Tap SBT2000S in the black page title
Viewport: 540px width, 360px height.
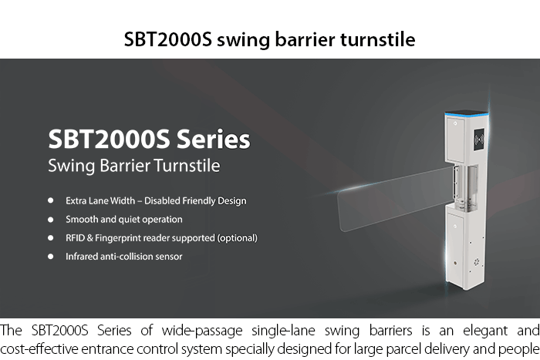[167, 39]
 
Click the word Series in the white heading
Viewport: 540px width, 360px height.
[213, 139]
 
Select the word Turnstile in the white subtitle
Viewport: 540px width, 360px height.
[187, 166]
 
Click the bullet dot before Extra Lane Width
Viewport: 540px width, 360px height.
[51, 200]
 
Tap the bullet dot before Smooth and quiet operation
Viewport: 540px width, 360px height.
[51, 219]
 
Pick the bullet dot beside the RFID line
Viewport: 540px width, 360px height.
[51, 238]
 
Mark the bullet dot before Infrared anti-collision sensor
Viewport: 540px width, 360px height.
[51, 257]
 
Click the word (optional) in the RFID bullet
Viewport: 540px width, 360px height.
[237, 238]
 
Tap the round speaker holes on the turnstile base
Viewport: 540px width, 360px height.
[477, 262]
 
